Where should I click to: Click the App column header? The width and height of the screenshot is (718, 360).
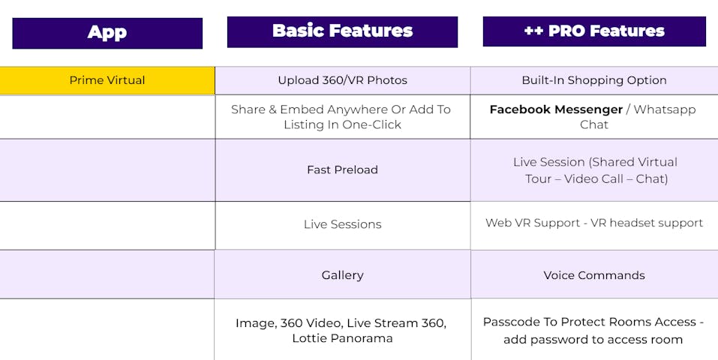point(107,33)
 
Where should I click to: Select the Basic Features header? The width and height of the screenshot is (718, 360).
point(342,31)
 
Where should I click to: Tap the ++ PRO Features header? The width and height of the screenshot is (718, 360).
point(594,31)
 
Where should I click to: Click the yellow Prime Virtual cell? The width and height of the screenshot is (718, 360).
point(107,80)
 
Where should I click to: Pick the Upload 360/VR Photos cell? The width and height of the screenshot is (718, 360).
point(343,80)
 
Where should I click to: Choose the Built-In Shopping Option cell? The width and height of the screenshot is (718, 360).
point(594,80)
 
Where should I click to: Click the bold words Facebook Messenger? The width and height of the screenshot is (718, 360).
point(556,109)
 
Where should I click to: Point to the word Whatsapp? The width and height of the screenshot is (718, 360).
point(665,110)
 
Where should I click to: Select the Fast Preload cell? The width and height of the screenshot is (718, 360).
point(343,170)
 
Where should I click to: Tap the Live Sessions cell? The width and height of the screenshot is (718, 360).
point(343,225)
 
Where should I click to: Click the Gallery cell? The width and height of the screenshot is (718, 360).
point(343,274)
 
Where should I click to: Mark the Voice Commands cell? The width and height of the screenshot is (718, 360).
point(594,274)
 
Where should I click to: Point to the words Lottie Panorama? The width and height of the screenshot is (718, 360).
point(343,338)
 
